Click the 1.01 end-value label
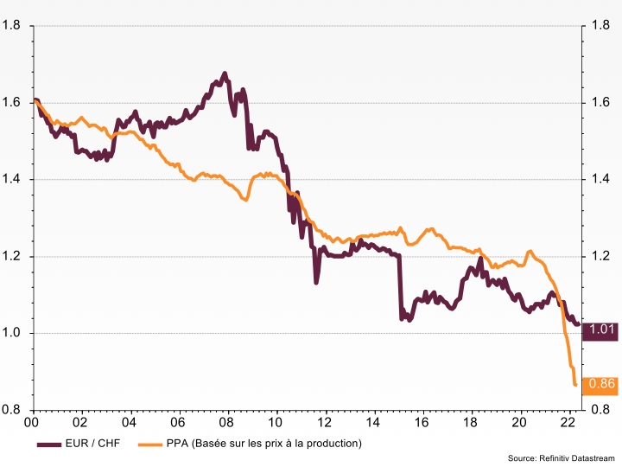click(x=601, y=329)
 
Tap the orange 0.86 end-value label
click(x=601, y=384)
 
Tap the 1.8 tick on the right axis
click(x=595, y=26)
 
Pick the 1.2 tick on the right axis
click(x=595, y=257)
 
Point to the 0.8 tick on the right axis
click(x=595, y=410)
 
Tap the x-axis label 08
click(x=226, y=423)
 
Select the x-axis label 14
click(x=372, y=423)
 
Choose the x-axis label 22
click(x=568, y=423)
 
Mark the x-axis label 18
click(x=470, y=423)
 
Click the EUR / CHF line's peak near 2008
click(x=225, y=74)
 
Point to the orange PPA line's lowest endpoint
click(x=575, y=385)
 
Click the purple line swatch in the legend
click(x=51, y=444)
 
